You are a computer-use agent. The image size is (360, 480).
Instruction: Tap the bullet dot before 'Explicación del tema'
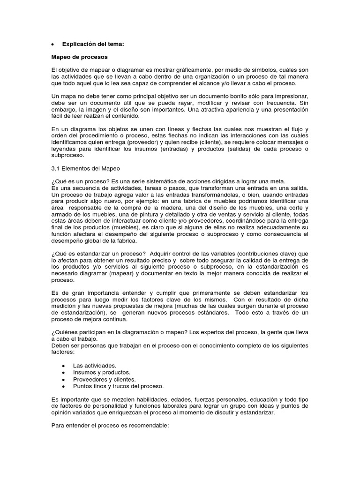[53, 45]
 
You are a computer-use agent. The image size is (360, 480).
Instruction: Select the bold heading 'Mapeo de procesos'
[79, 57]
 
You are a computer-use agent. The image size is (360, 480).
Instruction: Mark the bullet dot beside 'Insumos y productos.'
[63, 372]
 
